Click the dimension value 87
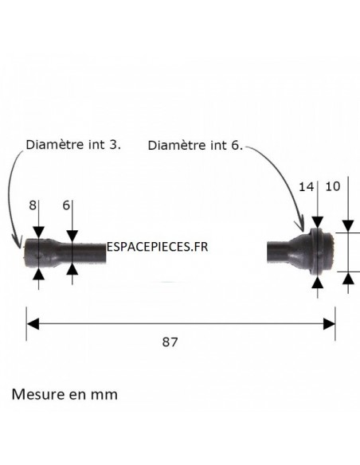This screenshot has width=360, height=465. coord(170,342)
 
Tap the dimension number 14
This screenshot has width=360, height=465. coord(306,187)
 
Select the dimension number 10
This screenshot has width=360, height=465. coord(333,186)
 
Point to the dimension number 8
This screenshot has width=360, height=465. coord(33,205)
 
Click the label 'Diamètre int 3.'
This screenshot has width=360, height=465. coord(73,145)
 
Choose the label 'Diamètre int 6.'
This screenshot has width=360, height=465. coord(195,145)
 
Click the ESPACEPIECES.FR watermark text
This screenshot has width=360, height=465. coord(157,247)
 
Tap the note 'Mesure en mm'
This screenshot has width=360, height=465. coord(65,394)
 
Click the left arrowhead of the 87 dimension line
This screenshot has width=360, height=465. coord(33,323)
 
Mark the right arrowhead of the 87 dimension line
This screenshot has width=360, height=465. coord(329,323)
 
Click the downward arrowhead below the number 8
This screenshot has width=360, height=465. coord(38,232)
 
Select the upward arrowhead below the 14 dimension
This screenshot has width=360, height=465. coord(318,282)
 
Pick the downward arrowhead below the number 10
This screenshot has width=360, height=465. coord(348,226)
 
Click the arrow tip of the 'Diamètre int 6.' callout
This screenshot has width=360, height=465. coord(303,231)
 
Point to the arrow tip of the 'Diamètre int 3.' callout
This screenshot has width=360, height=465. coord(20,247)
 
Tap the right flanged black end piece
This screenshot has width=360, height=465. coord(301,252)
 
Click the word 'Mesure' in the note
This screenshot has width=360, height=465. coord(38,394)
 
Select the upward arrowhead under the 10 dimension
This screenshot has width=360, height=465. coord(348,279)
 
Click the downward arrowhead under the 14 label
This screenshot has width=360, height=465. coord(318,223)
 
